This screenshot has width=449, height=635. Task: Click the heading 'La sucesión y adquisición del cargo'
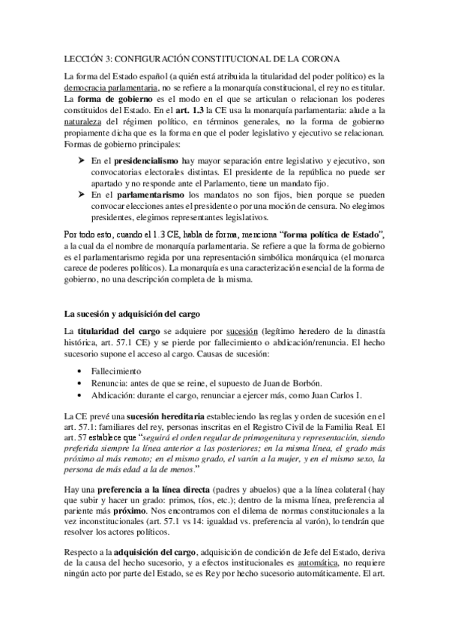(x=133, y=313)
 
